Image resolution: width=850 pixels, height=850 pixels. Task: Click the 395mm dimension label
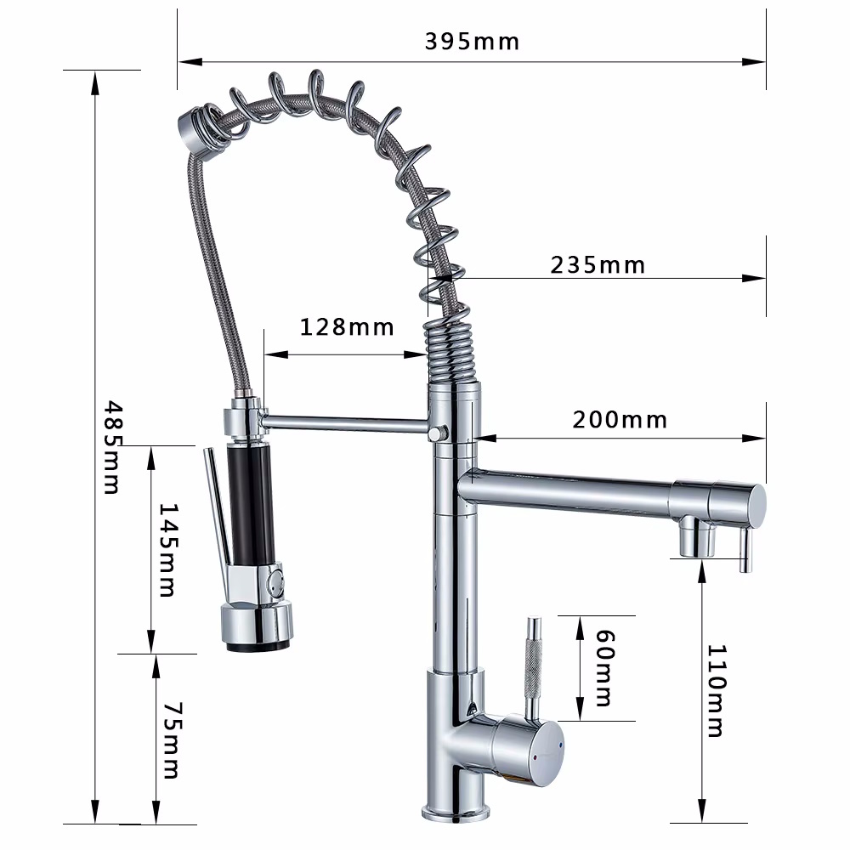pyautogui.click(x=472, y=41)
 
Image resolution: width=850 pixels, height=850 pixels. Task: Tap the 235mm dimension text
pyautogui.click(x=598, y=265)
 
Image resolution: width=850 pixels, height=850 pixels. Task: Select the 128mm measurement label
pyautogui.click(x=347, y=326)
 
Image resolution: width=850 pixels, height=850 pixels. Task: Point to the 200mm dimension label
pyautogui.click(x=620, y=420)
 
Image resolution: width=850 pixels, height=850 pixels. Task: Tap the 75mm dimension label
pyautogui.click(x=170, y=739)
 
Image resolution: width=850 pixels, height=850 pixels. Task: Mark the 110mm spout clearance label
pyautogui.click(x=715, y=690)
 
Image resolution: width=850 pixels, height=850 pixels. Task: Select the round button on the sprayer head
pyautogui.click(x=276, y=584)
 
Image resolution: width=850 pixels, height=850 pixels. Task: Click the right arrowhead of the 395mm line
pyautogui.click(x=756, y=61)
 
